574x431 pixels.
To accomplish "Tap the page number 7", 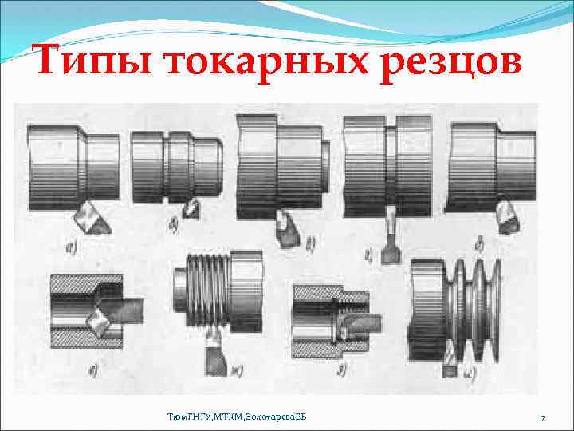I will click(x=542, y=418).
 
